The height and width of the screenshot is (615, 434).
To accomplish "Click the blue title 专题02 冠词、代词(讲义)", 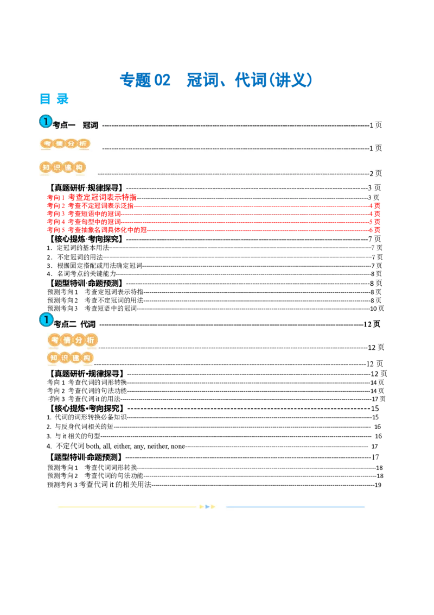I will tap(215, 80).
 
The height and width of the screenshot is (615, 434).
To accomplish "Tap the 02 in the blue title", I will tap(163, 80).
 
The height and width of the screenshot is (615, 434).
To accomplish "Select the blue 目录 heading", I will tap(54, 99).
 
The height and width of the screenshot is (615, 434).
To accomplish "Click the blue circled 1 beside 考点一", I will tap(46, 122).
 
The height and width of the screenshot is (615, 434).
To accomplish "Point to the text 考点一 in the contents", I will tap(64, 125).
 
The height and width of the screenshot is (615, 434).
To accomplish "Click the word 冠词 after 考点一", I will tap(90, 125).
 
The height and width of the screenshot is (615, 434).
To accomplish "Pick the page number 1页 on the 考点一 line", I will tap(375, 125).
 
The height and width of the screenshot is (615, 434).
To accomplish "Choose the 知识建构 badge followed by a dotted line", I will tap(61, 168).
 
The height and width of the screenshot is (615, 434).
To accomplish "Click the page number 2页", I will tap(375, 174).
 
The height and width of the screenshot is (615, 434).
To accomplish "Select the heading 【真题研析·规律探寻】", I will tap(86, 188).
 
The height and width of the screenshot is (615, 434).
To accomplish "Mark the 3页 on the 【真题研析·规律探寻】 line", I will tap(374, 188).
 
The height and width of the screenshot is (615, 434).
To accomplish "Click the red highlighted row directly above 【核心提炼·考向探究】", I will tap(98, 230).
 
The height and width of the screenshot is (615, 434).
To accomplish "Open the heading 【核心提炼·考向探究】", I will tap(86, 239).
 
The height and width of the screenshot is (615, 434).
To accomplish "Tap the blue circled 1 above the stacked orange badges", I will tap(46, 320).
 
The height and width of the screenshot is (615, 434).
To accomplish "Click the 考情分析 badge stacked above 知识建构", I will tap(72, 340).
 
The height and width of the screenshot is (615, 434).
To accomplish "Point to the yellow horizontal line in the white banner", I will tap(127, 507).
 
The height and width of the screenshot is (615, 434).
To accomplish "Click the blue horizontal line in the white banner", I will tap(295, 507).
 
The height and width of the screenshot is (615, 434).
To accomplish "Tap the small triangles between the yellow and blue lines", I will tap(208, 507).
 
